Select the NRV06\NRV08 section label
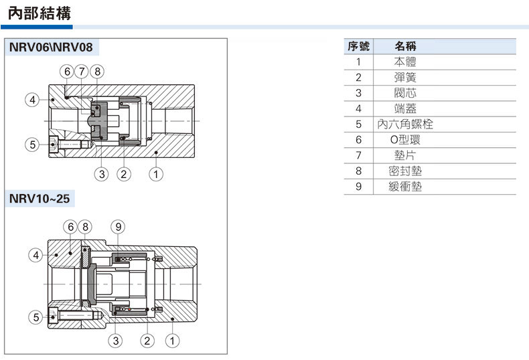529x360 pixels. (x=52, y=48)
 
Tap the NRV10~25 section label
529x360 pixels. (x=39, y=199)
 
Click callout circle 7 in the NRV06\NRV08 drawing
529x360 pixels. (x=82, y=72)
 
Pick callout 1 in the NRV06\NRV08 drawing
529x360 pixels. (x=155, y=175)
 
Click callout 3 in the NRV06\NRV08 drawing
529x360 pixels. (x=101, y=175)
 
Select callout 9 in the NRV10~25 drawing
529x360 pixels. (x=117, y=226)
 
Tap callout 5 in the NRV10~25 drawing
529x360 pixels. (x=35, y=317)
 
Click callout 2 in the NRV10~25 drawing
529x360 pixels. (x=147, y=341)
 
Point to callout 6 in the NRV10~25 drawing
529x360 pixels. (x=70, y=226)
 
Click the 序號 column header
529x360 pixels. (x=358, y=46)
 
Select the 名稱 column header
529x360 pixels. (x=406, y=46)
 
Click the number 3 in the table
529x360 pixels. (x=358, y=93)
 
